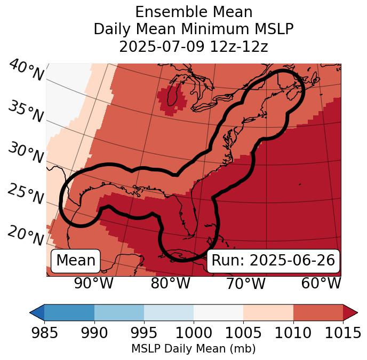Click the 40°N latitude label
point(26,71)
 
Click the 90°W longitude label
point(93,283)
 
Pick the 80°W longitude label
point(170,283)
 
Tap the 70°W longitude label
point(245,283)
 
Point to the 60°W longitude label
point(321,283)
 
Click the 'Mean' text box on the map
point(76,261)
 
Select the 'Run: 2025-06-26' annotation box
point(273,261)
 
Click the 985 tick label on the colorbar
point(44,333)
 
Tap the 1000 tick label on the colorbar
point(194,333)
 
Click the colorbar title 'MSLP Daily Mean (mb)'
point(193,349)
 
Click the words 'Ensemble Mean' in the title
point(194,12)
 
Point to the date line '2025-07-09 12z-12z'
point(194,46)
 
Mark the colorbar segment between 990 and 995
point(119,312)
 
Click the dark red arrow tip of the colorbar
point(350,312)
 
